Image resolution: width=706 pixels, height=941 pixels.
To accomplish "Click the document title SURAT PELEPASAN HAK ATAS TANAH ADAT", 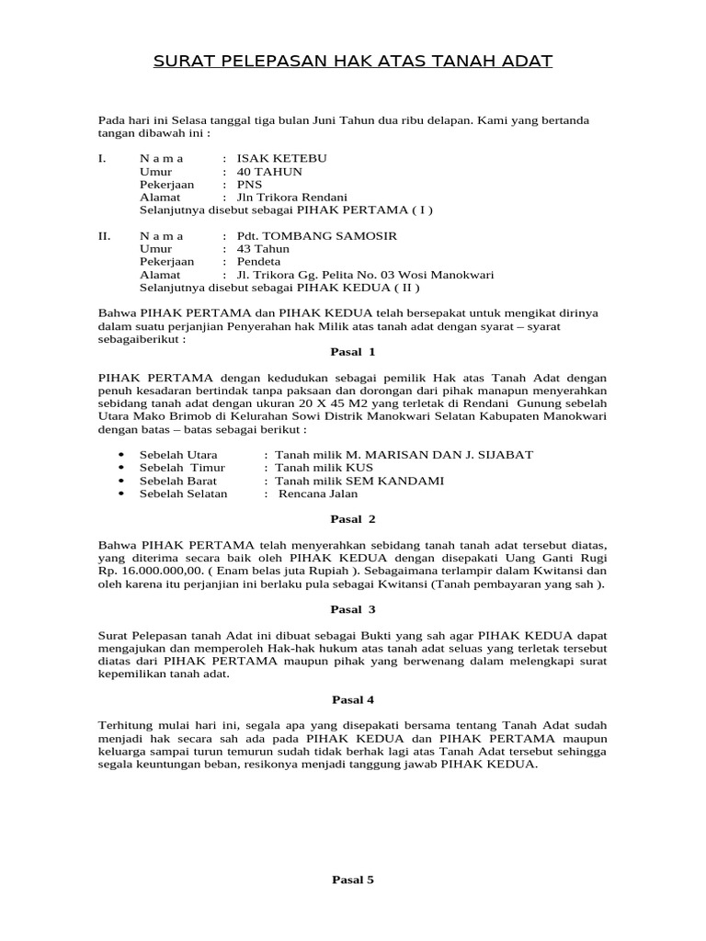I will tap(352, 62).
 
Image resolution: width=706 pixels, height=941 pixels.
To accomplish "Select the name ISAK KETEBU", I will tap(281, 158).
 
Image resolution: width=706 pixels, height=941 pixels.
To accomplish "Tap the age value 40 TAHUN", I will tap(269, 172).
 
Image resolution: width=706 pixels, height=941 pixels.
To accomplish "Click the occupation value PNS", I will tap(249, 185).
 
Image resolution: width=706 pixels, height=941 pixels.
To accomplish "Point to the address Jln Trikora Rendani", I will tap(291, 198).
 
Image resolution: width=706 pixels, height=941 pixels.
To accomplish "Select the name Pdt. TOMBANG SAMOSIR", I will tap(317, 236).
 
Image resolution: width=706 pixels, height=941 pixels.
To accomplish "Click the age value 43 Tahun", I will tap(263, 249).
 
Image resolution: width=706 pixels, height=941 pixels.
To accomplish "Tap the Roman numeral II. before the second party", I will tap(105, 236).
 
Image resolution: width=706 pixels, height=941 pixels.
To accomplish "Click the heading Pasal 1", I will tap(353, 352).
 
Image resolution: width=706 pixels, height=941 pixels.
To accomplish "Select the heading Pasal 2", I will tap(353, 519).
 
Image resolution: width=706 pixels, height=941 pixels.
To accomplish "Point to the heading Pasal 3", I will tap(353, 609).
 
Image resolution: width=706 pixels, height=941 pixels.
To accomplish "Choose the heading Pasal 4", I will tap(353, 699).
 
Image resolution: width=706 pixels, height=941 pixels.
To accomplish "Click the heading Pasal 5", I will tap(353, 879).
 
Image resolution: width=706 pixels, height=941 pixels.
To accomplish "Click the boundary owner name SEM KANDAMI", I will tap(396, 481).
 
